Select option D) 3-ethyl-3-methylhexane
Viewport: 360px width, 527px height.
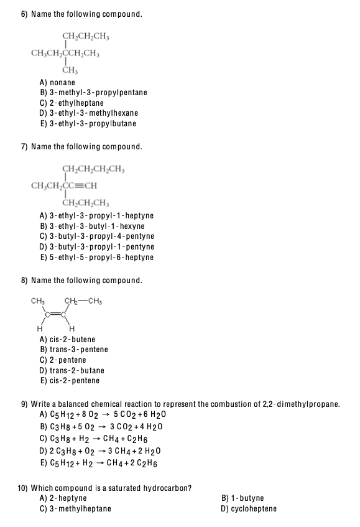[88, 113]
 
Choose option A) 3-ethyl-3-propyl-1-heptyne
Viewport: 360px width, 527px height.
[96, 216]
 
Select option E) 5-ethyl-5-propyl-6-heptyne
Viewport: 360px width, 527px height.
[96, 257]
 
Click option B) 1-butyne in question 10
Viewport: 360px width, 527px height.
[242, 498]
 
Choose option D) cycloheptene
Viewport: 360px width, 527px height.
[249, 509]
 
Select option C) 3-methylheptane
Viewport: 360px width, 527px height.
[75, 509]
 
